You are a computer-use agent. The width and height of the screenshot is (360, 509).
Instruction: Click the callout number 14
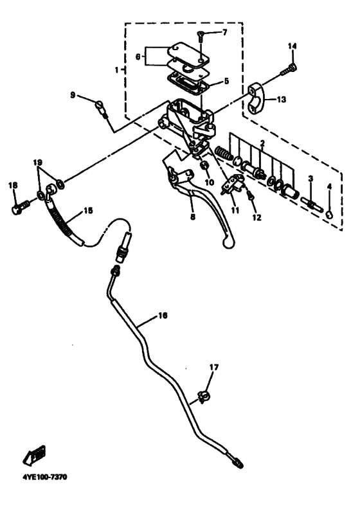click(x=292, y=46)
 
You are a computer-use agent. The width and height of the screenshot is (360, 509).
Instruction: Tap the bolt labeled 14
click(x=289, y=70)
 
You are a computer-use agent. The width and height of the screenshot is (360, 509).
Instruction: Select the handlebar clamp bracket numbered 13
click(x=257, y=98)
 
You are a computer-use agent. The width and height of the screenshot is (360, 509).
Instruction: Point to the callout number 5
click(x=226, y=81)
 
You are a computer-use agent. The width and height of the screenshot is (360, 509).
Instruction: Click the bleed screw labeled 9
click(x=101, y=109)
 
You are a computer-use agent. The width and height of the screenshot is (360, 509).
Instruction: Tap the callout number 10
click(x=210, y=182)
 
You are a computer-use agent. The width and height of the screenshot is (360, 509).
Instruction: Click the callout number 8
click(x=193, y=217)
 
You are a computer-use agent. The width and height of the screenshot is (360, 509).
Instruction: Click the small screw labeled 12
click(x=250, y=196)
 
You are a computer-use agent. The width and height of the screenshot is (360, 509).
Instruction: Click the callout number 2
click(x=262, y=143)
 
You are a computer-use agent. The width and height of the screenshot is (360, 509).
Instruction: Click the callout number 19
click(x=38, y=162)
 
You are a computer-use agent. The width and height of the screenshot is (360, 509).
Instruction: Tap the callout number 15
click(x=87, y=210)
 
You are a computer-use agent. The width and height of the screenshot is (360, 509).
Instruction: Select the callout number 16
click(x=163, y=315)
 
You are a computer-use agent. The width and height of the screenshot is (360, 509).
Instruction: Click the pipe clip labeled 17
click(x=204, y=396)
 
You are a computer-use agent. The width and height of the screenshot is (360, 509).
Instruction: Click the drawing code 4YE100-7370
click(x=44, y=477)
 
